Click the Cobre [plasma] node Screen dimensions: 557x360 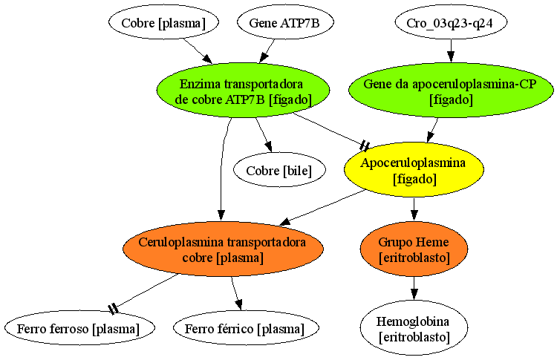point(163,22)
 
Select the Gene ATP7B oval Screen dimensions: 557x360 point(284,22)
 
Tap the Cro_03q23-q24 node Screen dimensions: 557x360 point(451,22)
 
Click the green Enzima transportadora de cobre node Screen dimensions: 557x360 point(243,91)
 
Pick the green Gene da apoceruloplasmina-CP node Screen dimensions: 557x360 point(451,91)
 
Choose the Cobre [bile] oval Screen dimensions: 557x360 point(279,170)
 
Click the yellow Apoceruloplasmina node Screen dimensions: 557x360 point(414,170)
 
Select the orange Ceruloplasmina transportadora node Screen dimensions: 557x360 point(223,249)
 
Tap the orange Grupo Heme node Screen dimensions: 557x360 point(414,249)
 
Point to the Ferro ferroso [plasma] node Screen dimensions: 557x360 point(79,328)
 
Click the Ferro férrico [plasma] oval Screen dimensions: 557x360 point(246,328)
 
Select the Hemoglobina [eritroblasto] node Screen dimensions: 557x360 point(414,328)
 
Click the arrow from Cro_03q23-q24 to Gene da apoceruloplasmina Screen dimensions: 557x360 point(451,51)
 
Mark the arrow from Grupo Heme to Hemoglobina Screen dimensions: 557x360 point(414,288)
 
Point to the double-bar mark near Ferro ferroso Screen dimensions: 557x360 point(113,308)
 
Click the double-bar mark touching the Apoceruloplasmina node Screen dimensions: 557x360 point(365,145)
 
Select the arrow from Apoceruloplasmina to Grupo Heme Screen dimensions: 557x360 point(414,209)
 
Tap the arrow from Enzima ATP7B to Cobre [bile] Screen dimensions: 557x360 point(264,135)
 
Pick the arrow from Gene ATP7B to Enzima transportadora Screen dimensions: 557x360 point(267,51)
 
